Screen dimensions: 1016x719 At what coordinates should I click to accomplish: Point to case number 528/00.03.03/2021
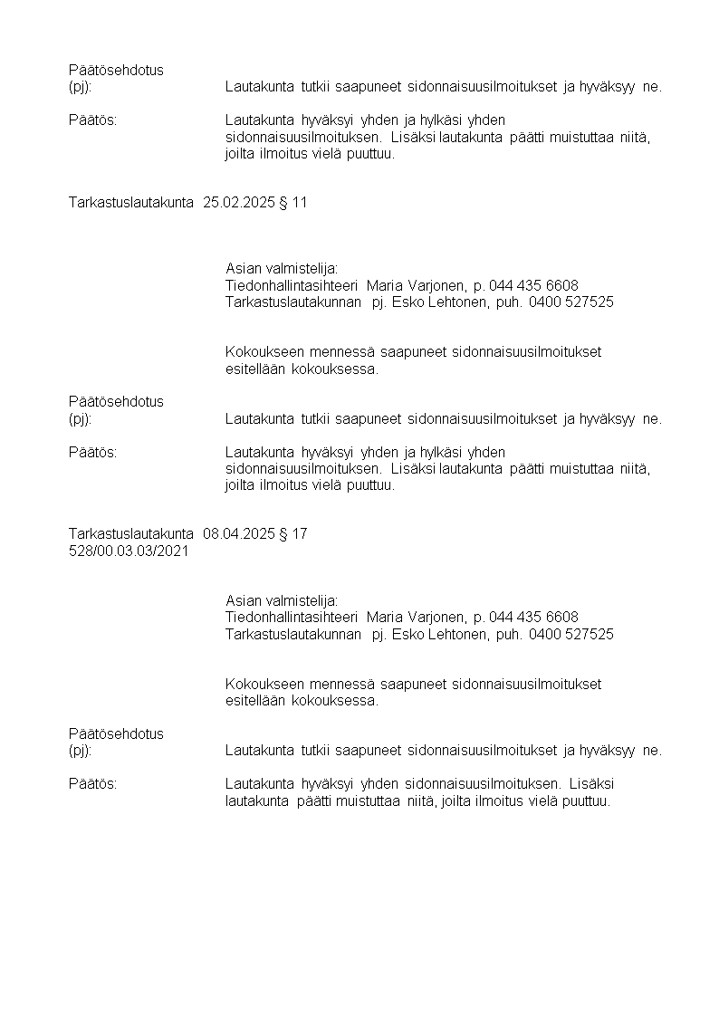point(129,551)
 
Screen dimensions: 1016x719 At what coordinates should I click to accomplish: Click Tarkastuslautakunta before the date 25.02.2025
point(131,203)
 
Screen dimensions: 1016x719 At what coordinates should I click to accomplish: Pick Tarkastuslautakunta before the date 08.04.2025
point(131,534)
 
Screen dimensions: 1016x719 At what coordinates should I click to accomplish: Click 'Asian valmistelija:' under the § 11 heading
point(282,269)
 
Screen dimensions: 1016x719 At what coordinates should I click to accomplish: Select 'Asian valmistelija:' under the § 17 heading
point(282,600)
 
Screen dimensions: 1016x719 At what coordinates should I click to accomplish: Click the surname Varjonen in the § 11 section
point(436,285)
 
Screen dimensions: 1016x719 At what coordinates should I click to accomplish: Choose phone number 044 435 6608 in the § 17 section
point(533,617)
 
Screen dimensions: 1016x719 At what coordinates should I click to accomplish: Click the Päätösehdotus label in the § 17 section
point(116,733)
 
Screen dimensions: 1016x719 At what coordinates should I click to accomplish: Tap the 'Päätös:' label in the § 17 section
point(93,783)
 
